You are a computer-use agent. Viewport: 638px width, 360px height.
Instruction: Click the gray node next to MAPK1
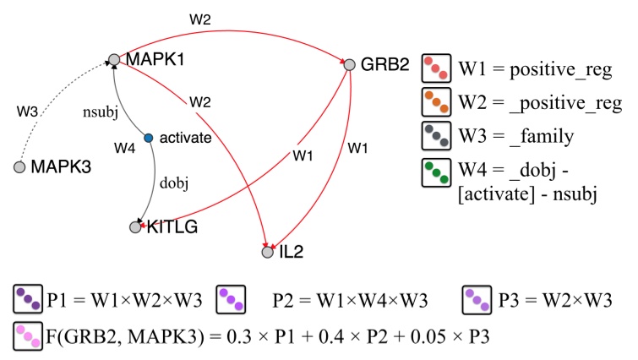tap(113, 60)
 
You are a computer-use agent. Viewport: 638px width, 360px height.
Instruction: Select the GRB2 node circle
tap(348, 64)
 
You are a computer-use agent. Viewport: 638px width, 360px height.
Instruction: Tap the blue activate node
tap(148, 138)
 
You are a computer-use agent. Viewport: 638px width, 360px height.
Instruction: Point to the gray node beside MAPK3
tap(19, 168)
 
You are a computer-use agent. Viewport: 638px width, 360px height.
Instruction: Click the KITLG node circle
tap(135, 226)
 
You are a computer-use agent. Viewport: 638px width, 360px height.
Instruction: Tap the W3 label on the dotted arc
tap(27, 110)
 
